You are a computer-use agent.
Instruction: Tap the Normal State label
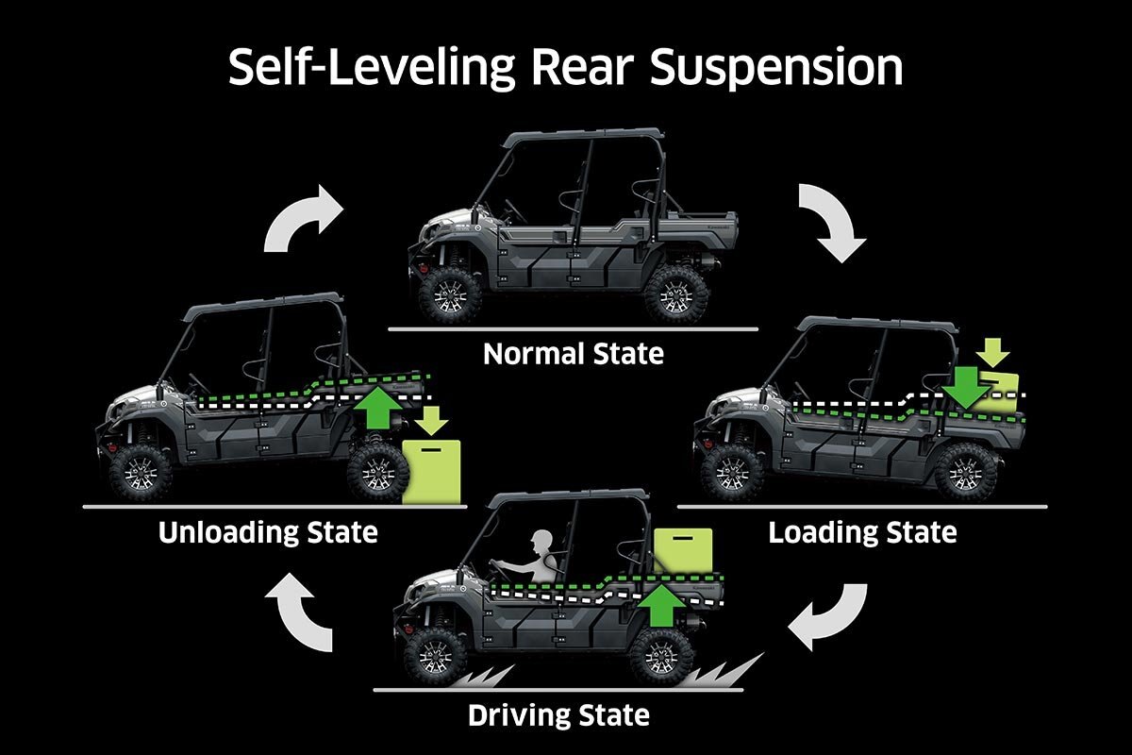pos(573,355)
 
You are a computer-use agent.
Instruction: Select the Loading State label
pos(862,532)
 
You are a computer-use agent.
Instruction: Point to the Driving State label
pos(558,714)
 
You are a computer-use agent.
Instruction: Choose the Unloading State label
pos(268,532)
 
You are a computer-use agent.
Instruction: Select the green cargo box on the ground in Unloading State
pos(432,470)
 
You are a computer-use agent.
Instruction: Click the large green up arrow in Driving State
pos(663,604)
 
